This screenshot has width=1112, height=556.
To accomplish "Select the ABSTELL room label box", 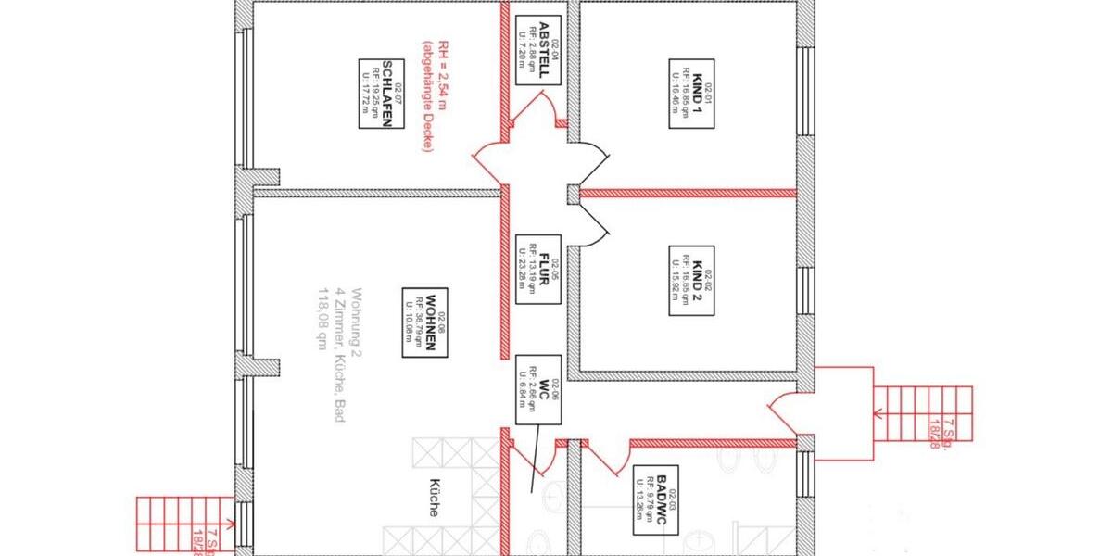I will (x=538, y=51).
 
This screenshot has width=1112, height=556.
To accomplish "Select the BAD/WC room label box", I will (x=655, y=499).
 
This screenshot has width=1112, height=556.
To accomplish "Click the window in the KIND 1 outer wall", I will (x=805, y=93).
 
